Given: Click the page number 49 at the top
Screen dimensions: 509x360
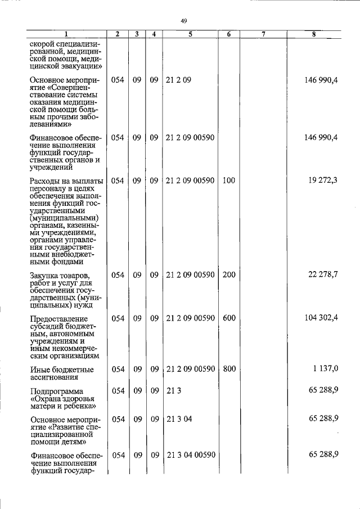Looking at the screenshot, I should click(183, 21).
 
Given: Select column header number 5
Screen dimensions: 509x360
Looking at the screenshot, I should click(190, 34).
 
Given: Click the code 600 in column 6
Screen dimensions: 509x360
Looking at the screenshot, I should click(228, 318).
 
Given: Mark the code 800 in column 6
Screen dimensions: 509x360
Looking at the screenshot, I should click(228, 369).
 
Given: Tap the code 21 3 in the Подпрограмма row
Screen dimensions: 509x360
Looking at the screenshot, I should click(173, 390).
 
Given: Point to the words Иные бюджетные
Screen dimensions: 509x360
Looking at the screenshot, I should click(61, 370).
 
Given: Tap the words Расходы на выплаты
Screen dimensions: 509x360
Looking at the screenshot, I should click(66, 181).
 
